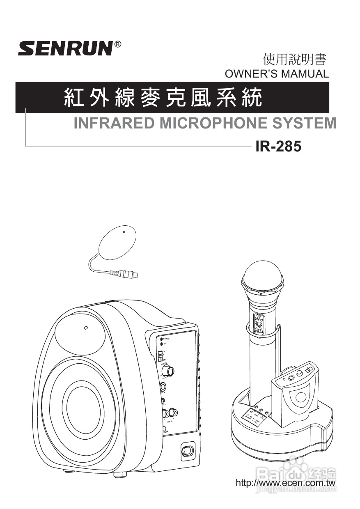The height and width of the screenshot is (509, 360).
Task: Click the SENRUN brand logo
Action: point(65,48)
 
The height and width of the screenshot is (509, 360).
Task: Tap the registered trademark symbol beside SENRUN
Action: point(117,44)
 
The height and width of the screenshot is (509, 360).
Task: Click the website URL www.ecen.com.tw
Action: point(286,483)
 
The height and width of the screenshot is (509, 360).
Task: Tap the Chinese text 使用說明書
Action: point(295,60)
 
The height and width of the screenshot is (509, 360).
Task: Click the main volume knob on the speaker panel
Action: point(167,371)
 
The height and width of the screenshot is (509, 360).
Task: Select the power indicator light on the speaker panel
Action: point(162,339)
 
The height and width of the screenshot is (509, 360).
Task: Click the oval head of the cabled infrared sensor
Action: point(118,242)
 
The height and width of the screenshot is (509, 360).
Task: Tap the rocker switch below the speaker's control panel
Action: point(187,451)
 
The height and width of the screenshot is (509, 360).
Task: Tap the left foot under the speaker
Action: point(69,471)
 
